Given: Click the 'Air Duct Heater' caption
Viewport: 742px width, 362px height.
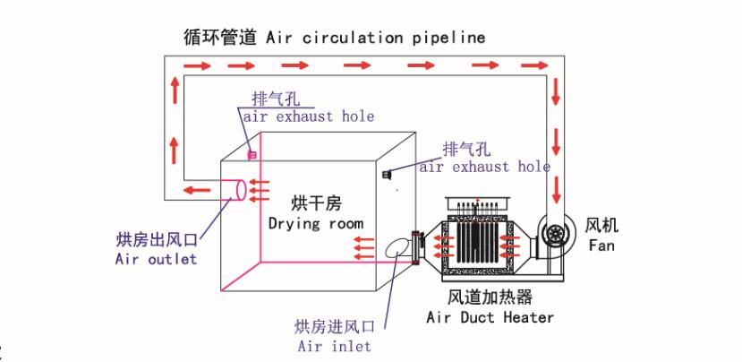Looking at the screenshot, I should click(490, 317).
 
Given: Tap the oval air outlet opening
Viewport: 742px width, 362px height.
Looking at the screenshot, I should click(238, 190).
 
